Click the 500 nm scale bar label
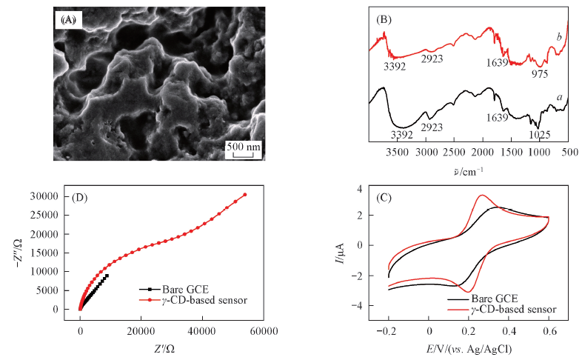243,147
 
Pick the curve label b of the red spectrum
559,36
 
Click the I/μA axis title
338,253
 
